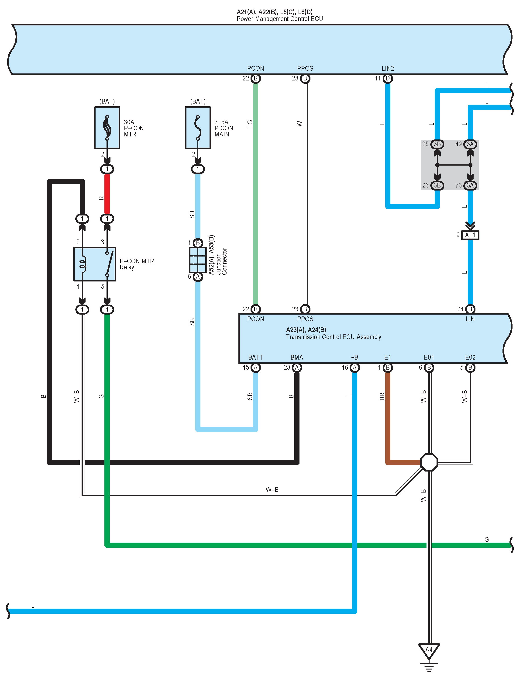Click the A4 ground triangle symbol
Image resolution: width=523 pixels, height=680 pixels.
(429, 650)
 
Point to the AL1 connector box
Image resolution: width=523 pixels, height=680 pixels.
(470, 235)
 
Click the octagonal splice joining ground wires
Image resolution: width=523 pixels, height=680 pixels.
(429, 462)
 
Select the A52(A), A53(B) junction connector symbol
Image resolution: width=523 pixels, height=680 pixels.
(198, 260)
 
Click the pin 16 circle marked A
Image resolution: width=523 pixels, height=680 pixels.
(354, 368)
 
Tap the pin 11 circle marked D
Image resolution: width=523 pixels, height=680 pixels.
(388, 78)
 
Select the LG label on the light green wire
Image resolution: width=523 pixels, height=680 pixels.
(250, 124)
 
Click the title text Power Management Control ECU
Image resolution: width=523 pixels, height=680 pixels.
(279, 19)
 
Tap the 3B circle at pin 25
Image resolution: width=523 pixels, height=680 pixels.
(437, 144)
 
